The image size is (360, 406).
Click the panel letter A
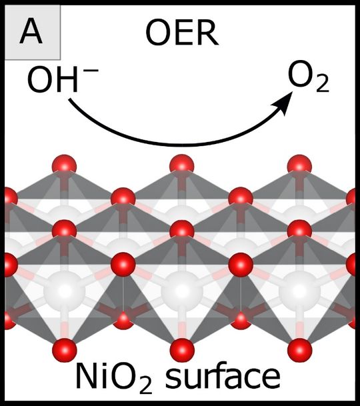pos(31,33)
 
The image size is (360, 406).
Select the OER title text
pos(182,33)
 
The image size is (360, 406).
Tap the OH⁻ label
pos(63,79)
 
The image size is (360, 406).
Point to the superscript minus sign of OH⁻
pos(91,70)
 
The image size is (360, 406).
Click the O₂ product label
pos(309,77)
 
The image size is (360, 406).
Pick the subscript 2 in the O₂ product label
pos(323,84)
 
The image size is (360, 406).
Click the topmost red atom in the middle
pos(182,166)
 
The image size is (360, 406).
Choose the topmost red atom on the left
pos(64,167)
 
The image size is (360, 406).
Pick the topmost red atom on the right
pos(299,167)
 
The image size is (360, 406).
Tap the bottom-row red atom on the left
pos(65,350)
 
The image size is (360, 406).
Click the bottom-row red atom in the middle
pos(182,350)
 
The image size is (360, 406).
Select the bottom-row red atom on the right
pos(299,350)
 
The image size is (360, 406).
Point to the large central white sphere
pos(182,291)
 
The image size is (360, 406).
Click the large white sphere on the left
pos(64,291)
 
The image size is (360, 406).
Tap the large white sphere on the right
pos(299,291)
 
